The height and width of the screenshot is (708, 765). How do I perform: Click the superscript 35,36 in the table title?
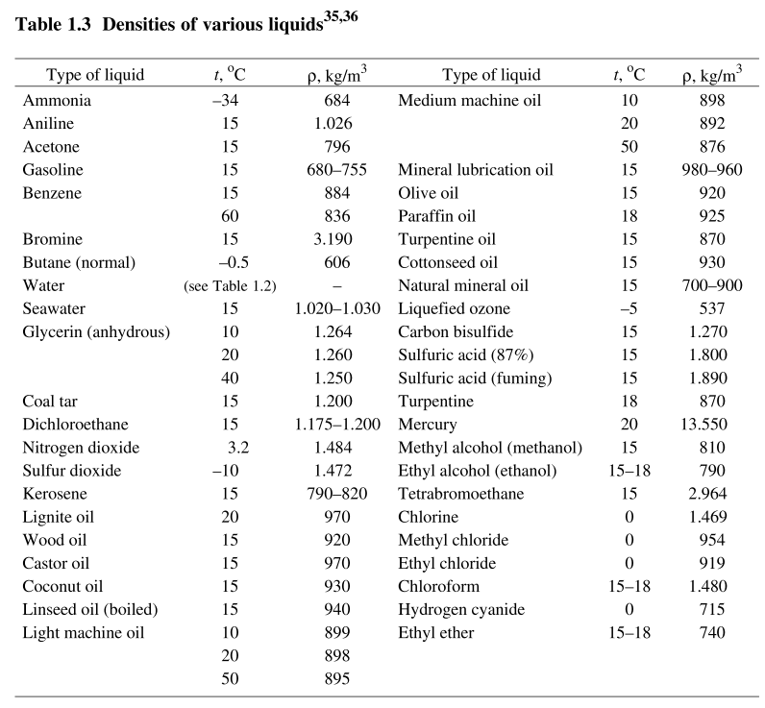click(341, 17)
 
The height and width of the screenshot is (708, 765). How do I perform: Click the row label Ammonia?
click(57, 101)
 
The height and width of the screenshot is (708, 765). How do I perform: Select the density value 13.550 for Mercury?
click(704, 425)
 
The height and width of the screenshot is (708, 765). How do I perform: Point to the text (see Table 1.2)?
click(230, 285)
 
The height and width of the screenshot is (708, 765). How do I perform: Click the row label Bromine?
click(53, 239)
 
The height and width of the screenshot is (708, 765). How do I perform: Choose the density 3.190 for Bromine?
click(333, 239)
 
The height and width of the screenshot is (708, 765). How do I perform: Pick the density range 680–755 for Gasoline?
click(336, 170)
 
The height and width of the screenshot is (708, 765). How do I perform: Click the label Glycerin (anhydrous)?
click(96, 332)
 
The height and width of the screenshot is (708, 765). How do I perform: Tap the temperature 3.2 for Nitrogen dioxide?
click(238, 448)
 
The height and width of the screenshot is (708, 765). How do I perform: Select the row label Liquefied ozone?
click(454, 308)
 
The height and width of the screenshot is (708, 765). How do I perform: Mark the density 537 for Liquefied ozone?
click(712, 308)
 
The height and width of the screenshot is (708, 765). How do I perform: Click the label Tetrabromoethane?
click(461, 494)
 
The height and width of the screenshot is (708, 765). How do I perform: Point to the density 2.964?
click(707, 494)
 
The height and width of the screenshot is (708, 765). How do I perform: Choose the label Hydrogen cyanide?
click(461, 609)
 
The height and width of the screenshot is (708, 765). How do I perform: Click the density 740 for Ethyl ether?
click(712, 633)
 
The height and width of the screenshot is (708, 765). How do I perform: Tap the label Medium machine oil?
click(469, 101)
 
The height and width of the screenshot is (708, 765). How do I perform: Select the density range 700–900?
click(712, 285)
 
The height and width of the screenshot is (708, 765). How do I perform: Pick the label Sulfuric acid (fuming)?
click(475, 378)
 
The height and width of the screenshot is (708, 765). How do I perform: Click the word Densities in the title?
click(139, 24)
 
